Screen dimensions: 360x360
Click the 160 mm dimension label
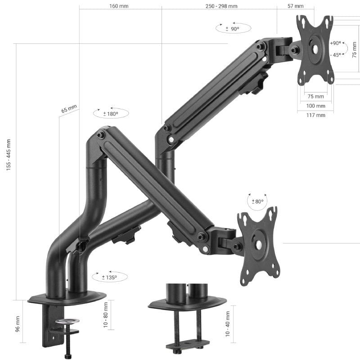[118, 6]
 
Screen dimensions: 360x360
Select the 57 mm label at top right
[295, 6]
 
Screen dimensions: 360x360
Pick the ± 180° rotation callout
[111, 114]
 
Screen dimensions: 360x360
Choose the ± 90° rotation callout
[233, 29]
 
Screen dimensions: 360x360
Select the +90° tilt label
[335, 43]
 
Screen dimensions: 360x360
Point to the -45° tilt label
[335, 55]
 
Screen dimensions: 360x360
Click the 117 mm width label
[315, 115]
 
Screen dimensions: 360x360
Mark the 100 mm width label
[315, 106]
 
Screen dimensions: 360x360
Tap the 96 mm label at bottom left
[18, 323]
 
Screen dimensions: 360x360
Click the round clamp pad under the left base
[67, 322]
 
